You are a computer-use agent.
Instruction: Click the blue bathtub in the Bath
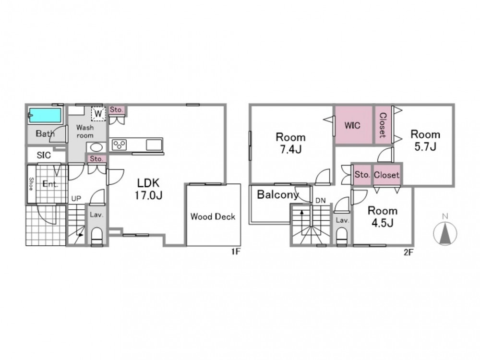46,115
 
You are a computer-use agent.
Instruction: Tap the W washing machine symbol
98,114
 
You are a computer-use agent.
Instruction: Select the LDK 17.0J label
148,189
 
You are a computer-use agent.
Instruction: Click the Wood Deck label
213,217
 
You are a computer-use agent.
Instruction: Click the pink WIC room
353,125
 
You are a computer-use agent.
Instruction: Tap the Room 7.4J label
290,143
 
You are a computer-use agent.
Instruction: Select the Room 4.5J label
383,217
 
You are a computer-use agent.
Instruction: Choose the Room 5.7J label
425,141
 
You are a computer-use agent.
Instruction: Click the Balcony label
278,195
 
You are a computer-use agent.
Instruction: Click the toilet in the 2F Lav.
342,236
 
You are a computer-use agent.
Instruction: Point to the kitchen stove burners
119,145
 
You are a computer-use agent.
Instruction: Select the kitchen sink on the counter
154,145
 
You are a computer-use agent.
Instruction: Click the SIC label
44,155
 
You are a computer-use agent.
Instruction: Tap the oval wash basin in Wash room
96,147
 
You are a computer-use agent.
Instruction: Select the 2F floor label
408,252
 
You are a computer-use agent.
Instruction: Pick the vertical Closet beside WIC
383,125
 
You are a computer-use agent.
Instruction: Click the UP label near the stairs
76,199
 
